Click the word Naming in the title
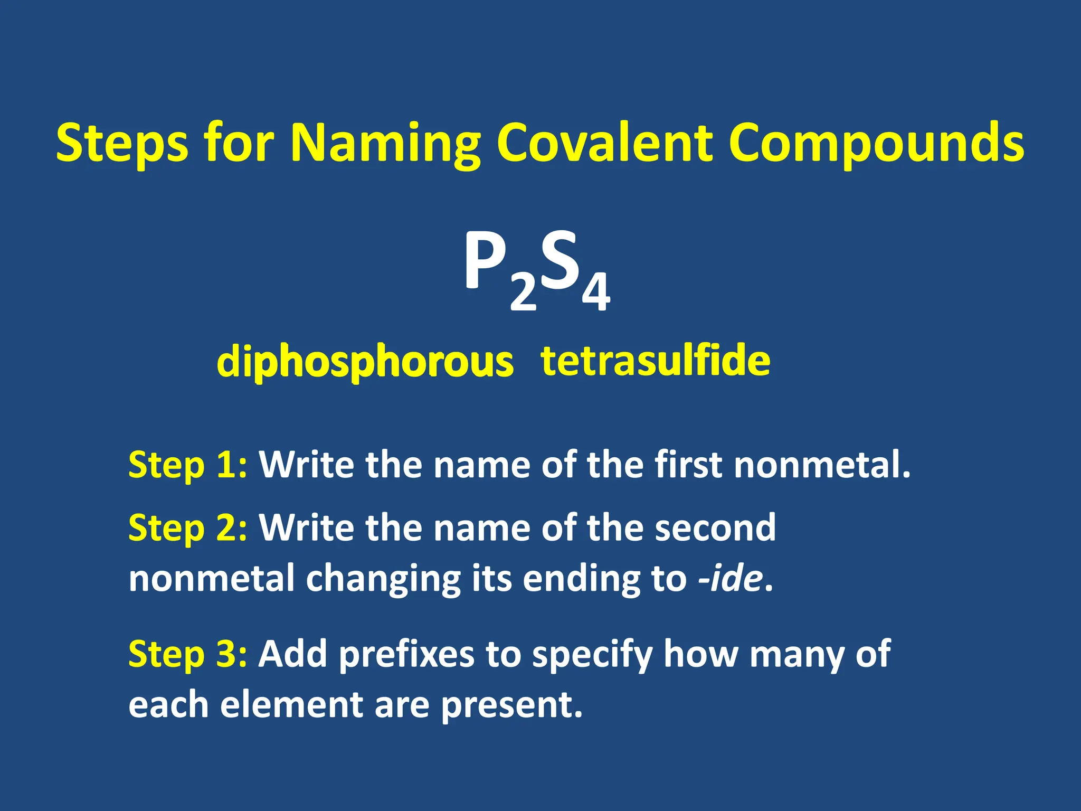(385, 144)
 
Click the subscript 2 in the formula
(523, 294)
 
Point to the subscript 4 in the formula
(596, 293)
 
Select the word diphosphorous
(365, 362)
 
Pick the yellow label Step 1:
(187, 465)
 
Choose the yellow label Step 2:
(187, 527)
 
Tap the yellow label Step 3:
(187, 654)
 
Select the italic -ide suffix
(731, 579)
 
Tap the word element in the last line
(291, 705)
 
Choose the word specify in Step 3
(592, 655)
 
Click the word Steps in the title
(122, 144)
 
